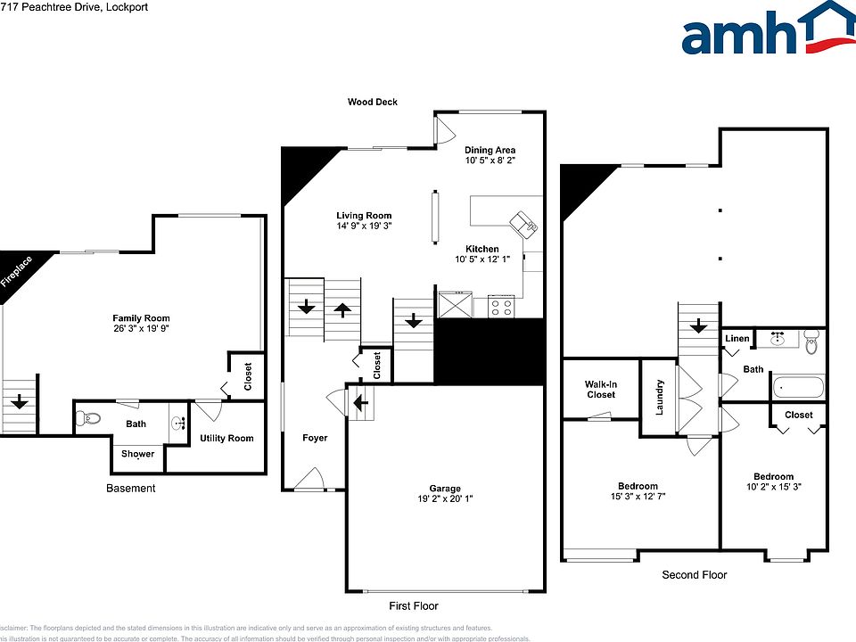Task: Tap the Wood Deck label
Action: click(373, 103)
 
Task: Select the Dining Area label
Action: click(490, 151)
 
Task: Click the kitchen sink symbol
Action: click(522, 223)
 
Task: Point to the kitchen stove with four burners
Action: click(501, 306)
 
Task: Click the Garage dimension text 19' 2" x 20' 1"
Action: click(445, 499)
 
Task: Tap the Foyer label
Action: click(315, 438)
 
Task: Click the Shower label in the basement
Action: click(137, 454)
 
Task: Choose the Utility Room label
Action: click(226, 438)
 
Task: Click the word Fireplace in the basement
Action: click(17, 272)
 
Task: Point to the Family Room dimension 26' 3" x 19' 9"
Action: click(141, 328)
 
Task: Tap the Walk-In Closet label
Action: click(601, 390)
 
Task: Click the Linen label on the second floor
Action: click(737, 339)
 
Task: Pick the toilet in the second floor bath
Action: click(810, 342)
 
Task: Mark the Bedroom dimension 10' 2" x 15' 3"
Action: click(773, 488)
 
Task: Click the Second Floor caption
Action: click(694, 575)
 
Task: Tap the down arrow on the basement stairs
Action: click(19, 403)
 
